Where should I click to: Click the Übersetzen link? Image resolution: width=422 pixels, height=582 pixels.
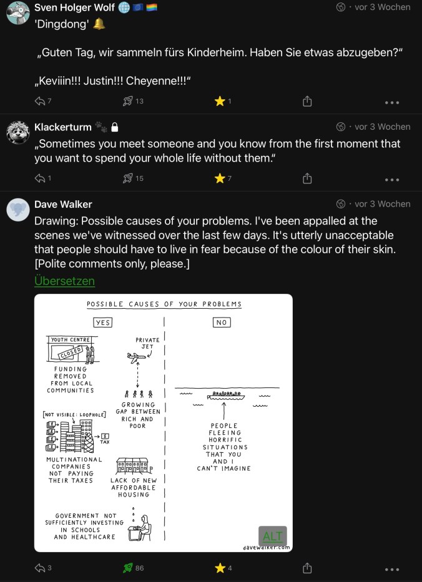[x=64, y=281]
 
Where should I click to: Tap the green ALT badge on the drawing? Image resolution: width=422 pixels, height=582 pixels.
[x=273, y=536]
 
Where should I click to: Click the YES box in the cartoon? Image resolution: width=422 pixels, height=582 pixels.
[x=102, y=322]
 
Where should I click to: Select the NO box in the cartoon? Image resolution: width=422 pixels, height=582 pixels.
[x=222, y=322]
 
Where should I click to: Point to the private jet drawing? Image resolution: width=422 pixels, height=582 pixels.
[x=136, y=358]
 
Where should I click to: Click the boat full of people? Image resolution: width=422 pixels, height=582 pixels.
[x=226, y=395]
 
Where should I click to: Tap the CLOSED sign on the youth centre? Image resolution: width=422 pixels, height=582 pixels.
[x=71, y=352]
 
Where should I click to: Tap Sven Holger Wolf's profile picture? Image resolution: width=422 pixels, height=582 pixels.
[x=18, y=13]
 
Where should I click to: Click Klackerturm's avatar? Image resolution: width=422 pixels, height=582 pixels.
[x=18, y=132]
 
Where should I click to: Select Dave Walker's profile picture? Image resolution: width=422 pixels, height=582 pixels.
[x=18, y=210]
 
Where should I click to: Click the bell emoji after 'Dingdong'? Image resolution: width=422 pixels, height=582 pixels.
[x=99, y=24]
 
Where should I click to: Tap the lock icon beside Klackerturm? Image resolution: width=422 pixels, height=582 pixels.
[x=115, y=127]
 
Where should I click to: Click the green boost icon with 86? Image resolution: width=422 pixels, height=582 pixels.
[x=128, y=568]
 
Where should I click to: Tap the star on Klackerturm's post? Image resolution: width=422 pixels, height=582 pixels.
[x=220, y=178]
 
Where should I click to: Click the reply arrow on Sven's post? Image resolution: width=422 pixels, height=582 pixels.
[x=40, y=101]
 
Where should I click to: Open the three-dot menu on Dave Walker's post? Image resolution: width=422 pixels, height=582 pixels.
[x=392, y=569]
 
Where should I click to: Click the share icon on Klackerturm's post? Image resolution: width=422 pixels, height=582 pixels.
[x=307, y=178]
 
